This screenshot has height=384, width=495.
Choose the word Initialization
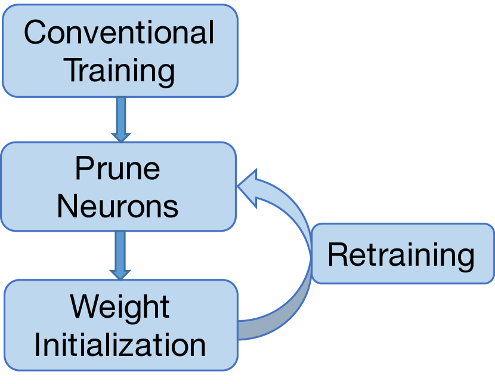click(x=120, y=345)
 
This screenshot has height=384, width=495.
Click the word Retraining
click(x=401, y=255)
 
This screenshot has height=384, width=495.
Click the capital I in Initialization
click(x=38, y=345)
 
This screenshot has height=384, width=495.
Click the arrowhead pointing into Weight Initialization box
click(x=120, y=272)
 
